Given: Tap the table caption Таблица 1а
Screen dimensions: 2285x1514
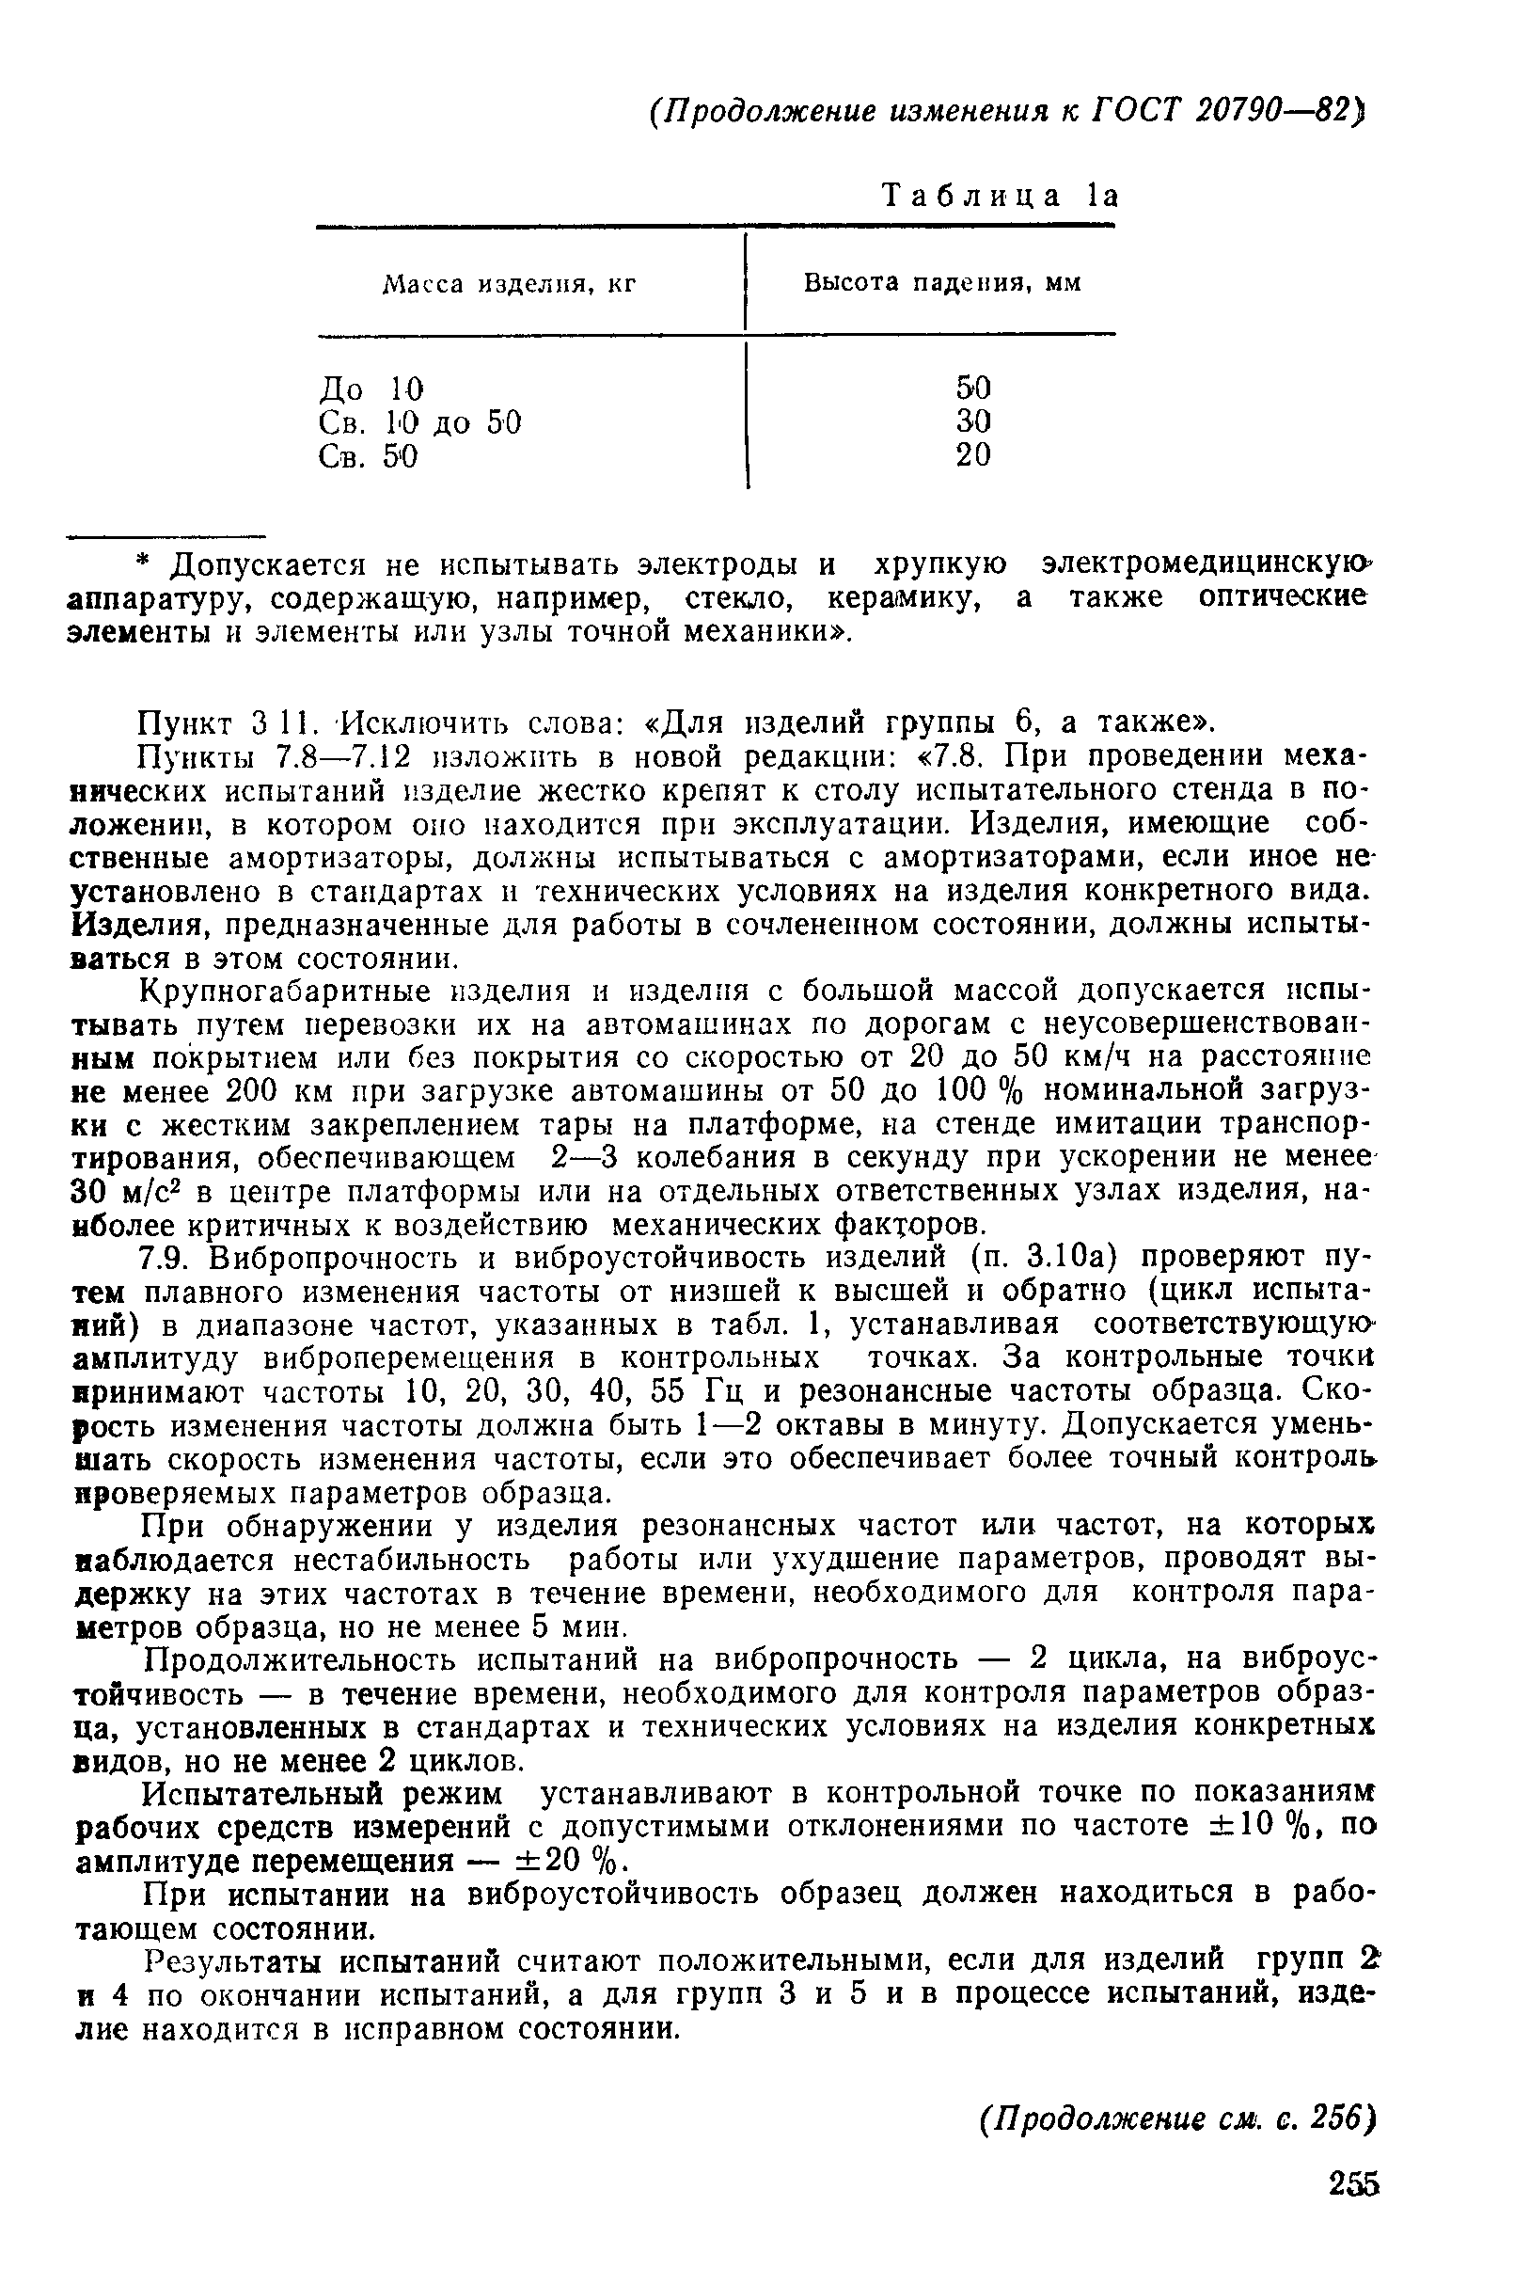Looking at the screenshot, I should pos(1001,196).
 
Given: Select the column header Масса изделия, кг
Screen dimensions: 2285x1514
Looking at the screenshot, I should pos(510,285).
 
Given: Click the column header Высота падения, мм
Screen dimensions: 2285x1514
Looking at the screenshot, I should pos(942,283).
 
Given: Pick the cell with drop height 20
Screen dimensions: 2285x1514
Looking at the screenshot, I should pos(973,455).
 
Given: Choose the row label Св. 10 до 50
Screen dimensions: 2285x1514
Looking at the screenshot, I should pos(420,422).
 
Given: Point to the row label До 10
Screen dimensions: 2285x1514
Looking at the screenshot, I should pos(371,389).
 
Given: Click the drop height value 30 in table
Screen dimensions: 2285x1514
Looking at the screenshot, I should pos(973,421).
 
